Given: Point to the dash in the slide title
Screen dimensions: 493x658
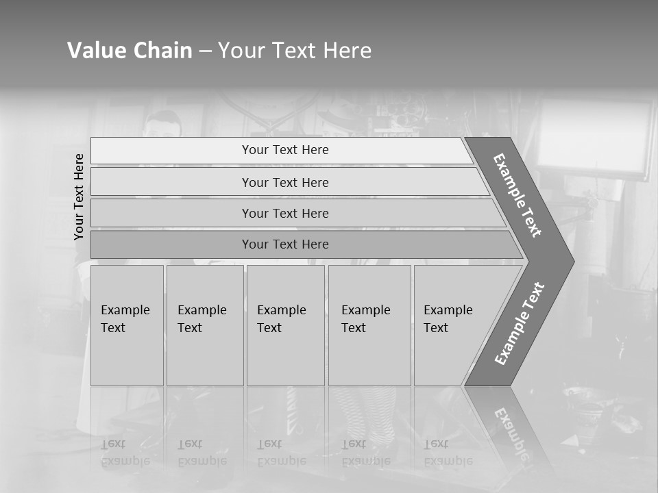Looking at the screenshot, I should point(205,51).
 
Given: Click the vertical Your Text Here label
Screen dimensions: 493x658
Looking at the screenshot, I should point(80,197).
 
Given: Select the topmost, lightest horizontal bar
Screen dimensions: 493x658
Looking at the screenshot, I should point(284,150).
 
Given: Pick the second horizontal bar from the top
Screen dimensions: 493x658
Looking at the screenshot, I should point(284,182).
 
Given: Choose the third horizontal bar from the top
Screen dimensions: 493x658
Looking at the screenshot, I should point(284,213).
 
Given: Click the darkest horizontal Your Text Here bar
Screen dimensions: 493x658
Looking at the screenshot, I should point(284,244).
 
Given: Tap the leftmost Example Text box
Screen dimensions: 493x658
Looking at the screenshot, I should point(127,325).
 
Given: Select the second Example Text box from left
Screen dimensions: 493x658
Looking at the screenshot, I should point(204,325).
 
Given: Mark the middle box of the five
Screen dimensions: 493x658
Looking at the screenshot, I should point(285,325).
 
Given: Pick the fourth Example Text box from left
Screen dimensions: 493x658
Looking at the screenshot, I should point(369,325).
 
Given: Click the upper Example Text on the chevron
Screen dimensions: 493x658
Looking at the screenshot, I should point(517,195).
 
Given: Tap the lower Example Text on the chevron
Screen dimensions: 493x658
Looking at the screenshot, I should point(519,323).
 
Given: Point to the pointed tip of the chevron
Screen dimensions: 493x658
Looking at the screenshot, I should point(572,262).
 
